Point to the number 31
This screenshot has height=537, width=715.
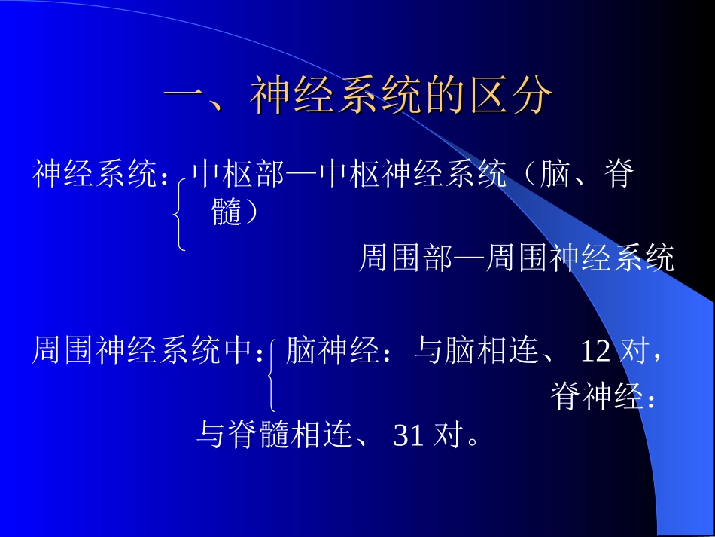coord(409,435)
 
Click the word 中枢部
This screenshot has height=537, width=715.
coord(239,175)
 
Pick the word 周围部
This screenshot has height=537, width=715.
coord(406,258)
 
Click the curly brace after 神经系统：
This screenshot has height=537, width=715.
coord(179,213)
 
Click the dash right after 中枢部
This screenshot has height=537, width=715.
coord(303,175)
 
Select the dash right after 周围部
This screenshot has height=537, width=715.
coord(470,258)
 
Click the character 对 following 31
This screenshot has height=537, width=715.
coord(446,435)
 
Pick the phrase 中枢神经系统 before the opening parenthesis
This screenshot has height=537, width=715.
coord(413,175)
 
